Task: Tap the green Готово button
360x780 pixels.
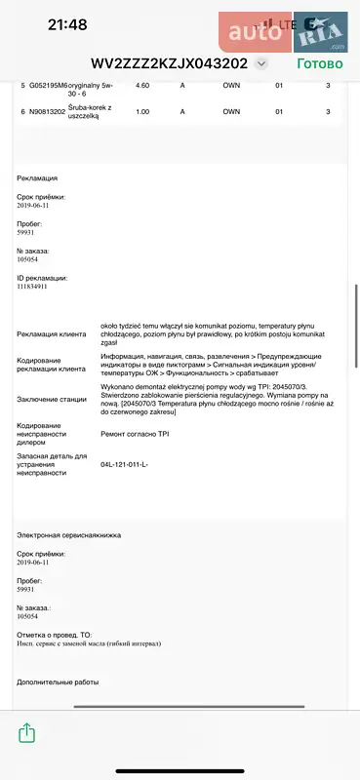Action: point(320,63)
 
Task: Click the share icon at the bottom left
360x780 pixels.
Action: point(27,731)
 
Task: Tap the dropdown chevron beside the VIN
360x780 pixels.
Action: point(260,63)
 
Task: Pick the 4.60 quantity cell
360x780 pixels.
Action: point(142,86)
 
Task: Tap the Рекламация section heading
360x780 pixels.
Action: point(37,178)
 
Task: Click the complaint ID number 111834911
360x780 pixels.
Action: point(39,287)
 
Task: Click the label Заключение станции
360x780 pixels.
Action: point(52,399)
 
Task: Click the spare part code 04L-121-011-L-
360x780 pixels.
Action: point(124,464)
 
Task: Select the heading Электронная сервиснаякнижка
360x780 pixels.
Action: point(65,535)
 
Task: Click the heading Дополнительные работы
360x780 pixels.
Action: point(58,682)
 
